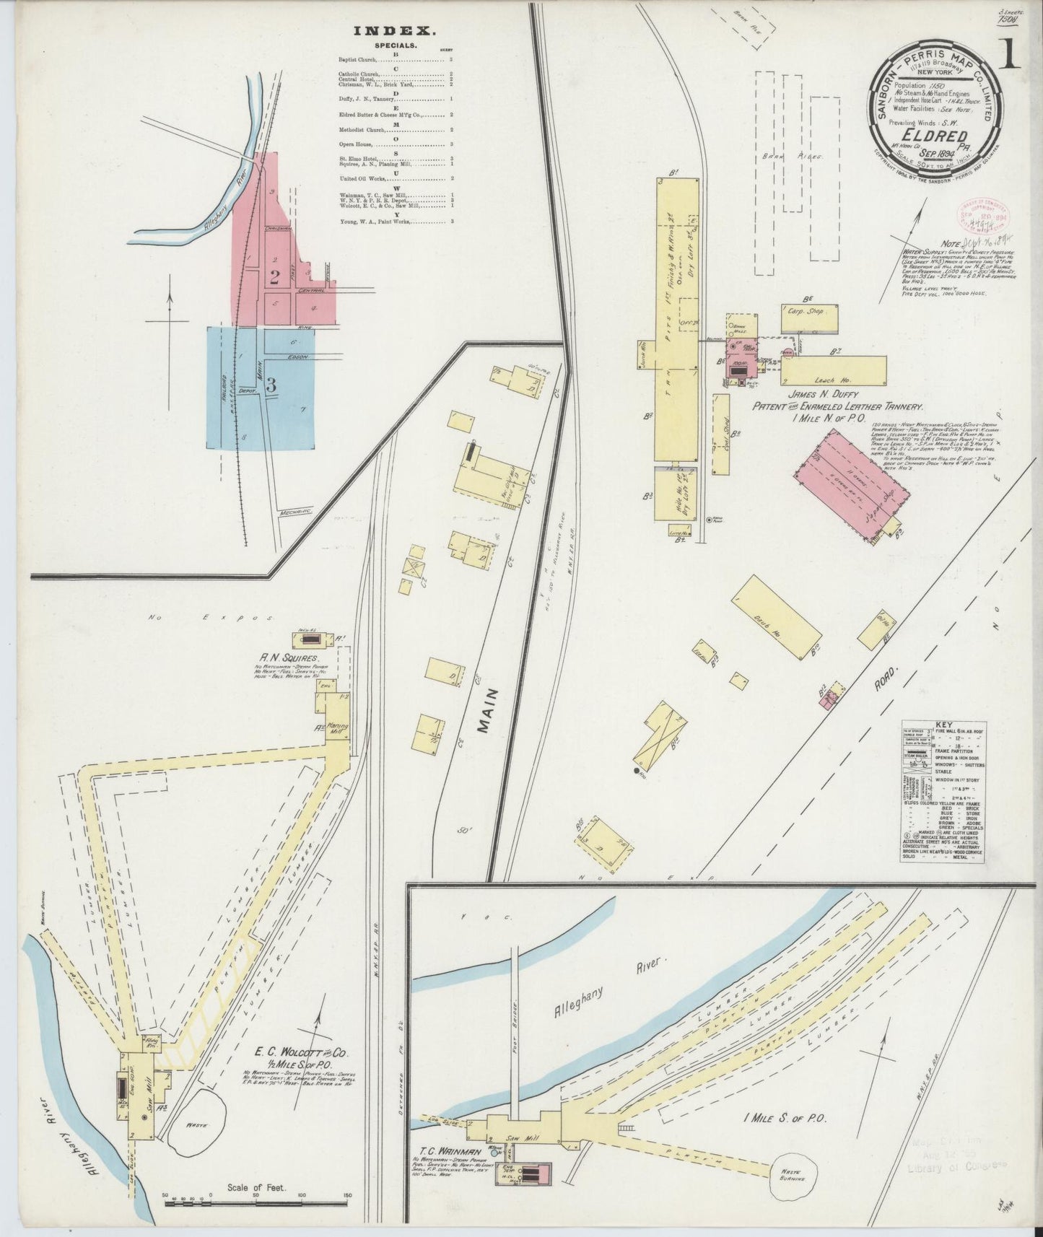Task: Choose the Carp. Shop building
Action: pyautogui.click(x=809, y=315)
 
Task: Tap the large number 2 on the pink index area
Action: pyautogui.click(x=274, y=276)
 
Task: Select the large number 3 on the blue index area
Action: pyautogui.click(x=271, y=385)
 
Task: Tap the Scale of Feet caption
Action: pyautogui.click(x=257, y=1186)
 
